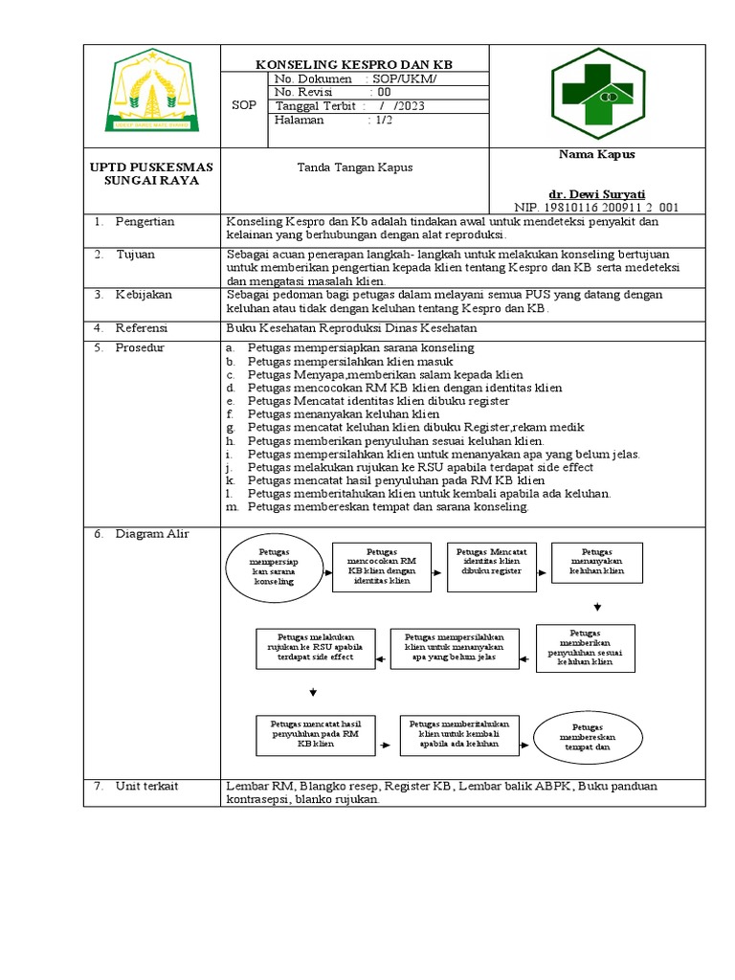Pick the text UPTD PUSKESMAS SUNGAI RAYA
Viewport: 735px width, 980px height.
(x=151, y=174)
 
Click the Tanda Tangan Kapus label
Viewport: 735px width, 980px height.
(x=356, y=167)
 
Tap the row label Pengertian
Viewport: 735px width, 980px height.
(x=145, y=222)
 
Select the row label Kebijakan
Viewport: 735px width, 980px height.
(x=145, y=296)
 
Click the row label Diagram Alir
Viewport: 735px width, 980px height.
(x=150, y=534)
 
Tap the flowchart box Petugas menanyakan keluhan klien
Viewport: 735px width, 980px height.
(x=597, y=562)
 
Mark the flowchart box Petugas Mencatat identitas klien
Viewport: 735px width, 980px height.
(x=492, y=561)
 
